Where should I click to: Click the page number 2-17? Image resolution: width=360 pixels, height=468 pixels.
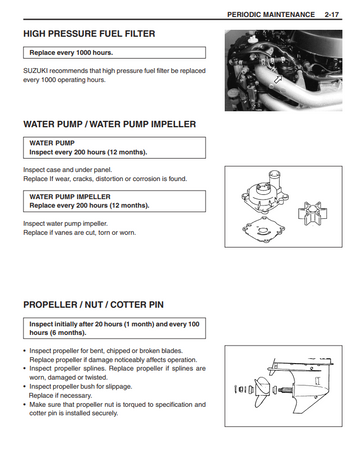pyautogui.click(x=332, y=15)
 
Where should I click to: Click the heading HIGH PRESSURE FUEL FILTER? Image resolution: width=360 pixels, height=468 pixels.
pyautogui.click(x=89, y=34)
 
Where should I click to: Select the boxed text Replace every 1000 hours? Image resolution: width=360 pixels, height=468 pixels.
pyautogui.click(x=71, y=53)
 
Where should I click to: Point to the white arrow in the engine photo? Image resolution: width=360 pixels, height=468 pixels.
pyautogui.click(x=277, y=80)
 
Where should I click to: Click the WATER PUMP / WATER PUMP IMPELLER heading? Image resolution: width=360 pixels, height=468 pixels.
pyautogui.click(x=110, y=124)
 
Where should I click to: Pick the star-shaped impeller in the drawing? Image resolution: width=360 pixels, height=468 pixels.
pyautogui.click(x=312, y=214)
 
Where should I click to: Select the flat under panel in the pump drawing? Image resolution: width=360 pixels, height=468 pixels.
pyautogui.click(x=263, y=230)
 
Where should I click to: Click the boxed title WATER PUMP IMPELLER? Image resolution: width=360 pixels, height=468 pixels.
pyautogui.click(x=70, y=197)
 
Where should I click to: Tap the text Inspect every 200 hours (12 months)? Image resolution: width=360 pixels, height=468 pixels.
pyautogui.click(x=88, y=152)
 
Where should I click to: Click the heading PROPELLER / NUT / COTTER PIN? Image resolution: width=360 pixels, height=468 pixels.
pyautogui.click(x=93, y=305)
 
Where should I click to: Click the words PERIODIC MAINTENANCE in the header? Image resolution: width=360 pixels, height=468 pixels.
pyautogui.click(x=271, y=15)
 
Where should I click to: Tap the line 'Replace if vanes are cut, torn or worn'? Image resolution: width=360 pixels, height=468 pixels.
pyautogui.click(x=80, y=233)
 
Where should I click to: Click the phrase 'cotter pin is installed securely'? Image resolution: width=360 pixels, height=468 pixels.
pyautogui.click(x=74, y=413)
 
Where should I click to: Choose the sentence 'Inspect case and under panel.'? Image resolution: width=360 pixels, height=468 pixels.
pyautogui.click(x=68, y=170)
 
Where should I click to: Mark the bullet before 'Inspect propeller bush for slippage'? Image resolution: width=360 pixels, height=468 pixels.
pyautogui.click(x=25, y=387)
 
